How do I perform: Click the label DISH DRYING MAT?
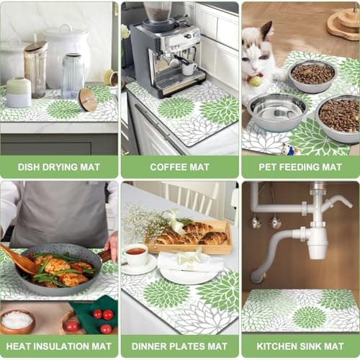click(x=59, y=167)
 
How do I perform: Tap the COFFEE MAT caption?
click(x=179, y=167)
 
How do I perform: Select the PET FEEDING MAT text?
click(x=300, y=167)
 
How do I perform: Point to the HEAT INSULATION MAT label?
click(x=59, y=346)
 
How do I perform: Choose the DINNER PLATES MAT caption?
click(x=179, y=346)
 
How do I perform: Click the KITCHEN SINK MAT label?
click(x=300, y=346)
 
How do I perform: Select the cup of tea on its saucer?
click(x=136, y=254)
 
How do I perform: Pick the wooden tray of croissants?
click(x=189, y=238)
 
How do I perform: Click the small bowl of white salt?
click(x=17, y=320)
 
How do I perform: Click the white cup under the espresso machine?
click(x=189, y=68)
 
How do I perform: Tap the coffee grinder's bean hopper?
click(x=158, y=12)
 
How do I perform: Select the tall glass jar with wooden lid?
click(x=35, y=68)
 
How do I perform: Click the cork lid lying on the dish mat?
click(x=88, y=99)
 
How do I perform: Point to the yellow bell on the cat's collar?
click(x=254, y=81)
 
